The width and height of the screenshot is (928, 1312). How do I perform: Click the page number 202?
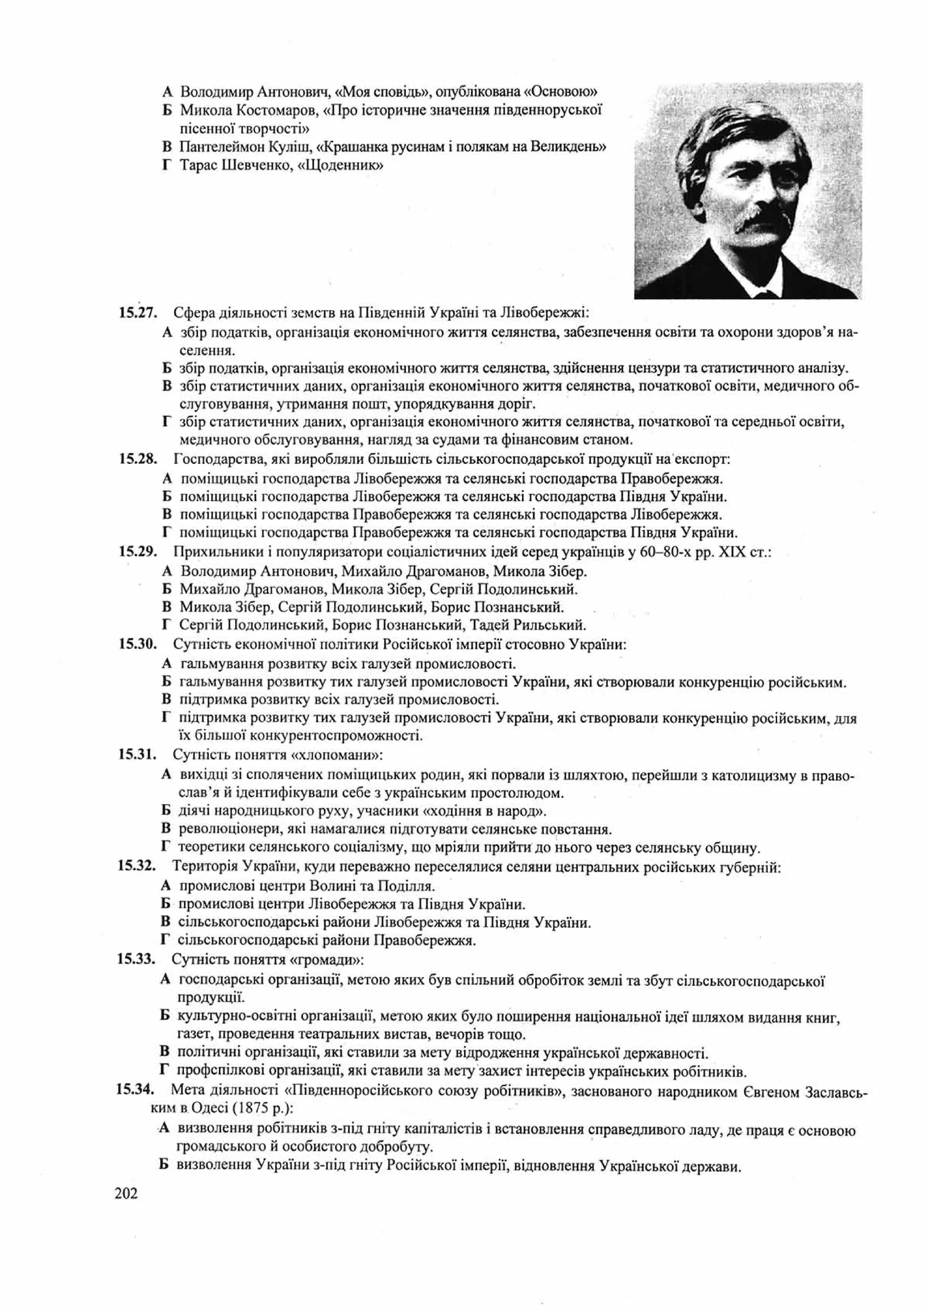click(126, 1194)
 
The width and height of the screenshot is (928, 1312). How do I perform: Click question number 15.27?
click(138, 313)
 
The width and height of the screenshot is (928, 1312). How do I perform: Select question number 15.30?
click(138, 644)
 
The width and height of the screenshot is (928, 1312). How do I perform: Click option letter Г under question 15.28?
click(167, 533)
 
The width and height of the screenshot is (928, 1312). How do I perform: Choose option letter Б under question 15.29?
click(167, 588)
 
